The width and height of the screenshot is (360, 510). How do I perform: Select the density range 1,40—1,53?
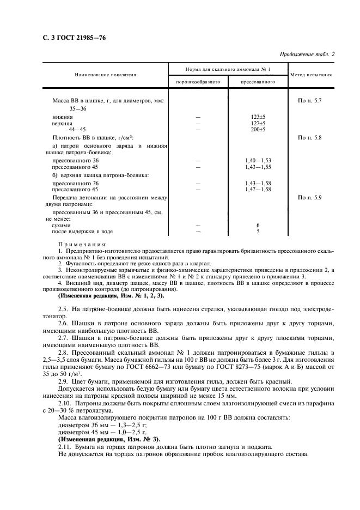[x=258, y=160]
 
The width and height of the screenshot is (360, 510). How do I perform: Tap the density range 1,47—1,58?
[x=258, y=189]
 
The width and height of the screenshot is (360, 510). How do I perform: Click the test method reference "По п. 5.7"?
[x=310, y=101]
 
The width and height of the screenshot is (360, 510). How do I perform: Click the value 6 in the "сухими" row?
[x=258, y=224]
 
